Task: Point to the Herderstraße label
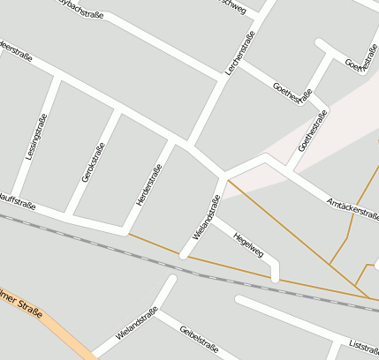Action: click(149, 185)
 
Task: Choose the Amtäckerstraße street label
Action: click(352, 208)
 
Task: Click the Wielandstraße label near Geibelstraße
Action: click(137, 324)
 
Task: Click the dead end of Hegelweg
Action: click(276, 278)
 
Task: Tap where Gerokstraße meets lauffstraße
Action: click(69, 215)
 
